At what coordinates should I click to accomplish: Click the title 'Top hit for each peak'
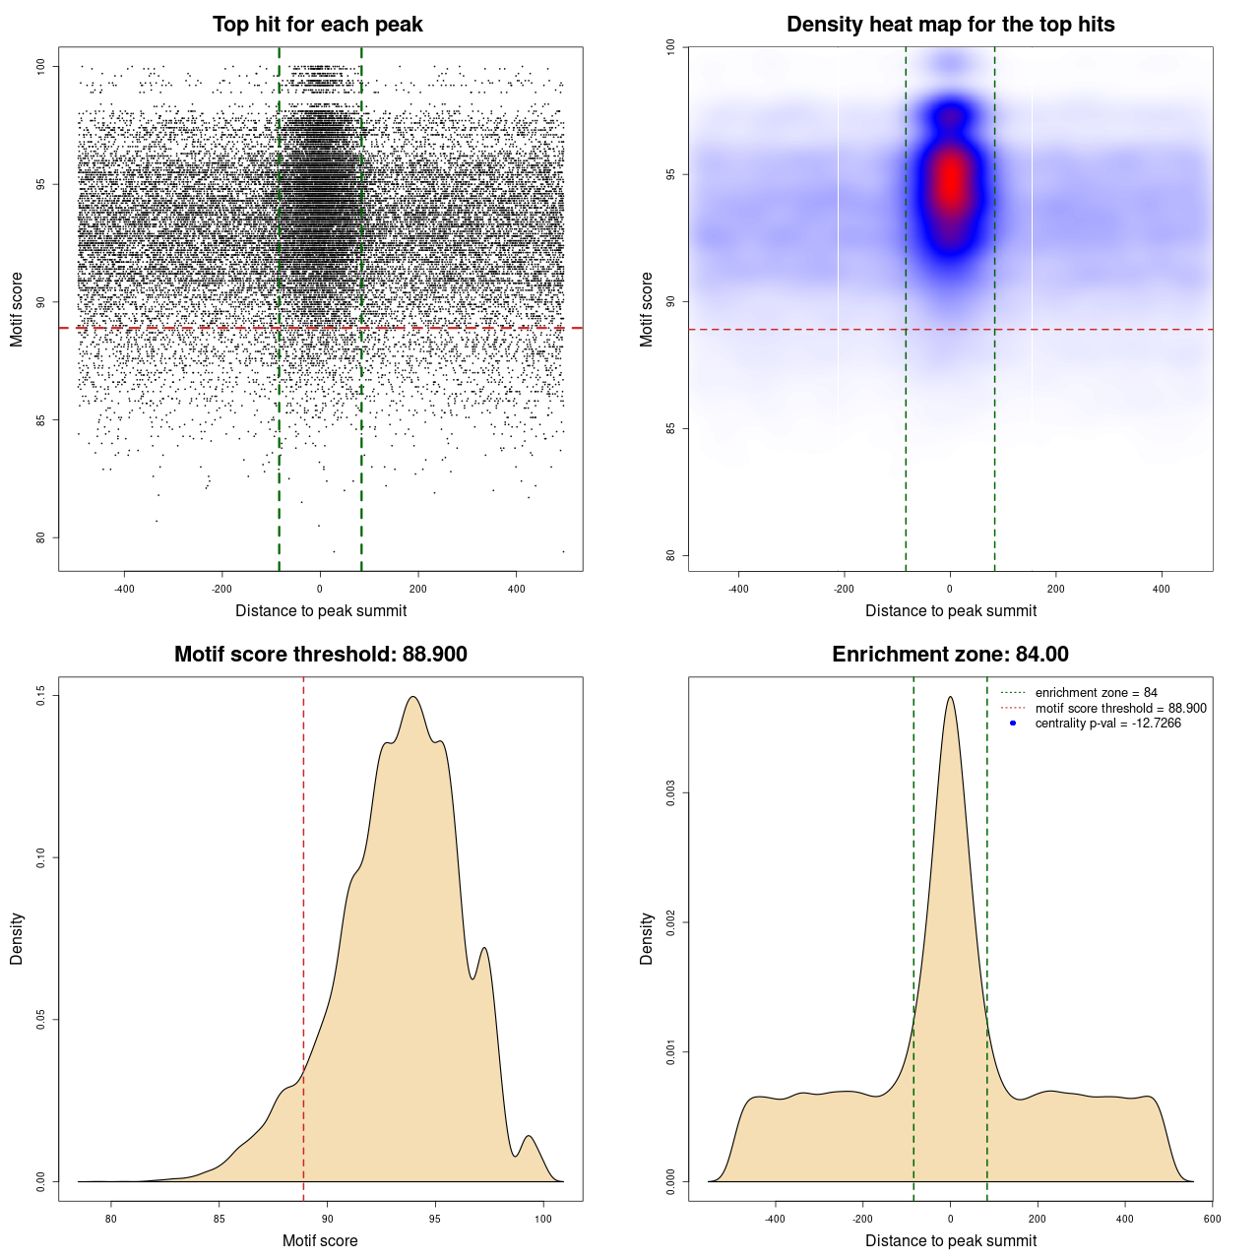click(x=317, y=25)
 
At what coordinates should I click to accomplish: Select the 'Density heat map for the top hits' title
click(x=950, y=25)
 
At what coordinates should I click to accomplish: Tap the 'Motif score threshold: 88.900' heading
click(x=320, y=655)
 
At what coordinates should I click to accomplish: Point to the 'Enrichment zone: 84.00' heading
click(x=950, y=655)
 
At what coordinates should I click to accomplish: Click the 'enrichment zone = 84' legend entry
click(x=1096, y=693)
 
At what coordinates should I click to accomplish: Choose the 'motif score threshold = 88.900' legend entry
click(x=1120, y=709)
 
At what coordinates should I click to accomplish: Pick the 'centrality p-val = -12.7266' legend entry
click(x=1107, y=724)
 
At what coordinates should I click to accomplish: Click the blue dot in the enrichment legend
click(x=1013, y=724)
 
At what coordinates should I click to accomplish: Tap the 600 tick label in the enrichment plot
click(x=1212, y=1219)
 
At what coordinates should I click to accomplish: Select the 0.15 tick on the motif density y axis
click(x=41, y=696)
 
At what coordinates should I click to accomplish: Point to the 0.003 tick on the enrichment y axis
click(x=671, y=793)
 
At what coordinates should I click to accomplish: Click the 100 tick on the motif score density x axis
click(x=543, y=1219)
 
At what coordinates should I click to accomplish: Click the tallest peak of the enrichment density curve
click(x=950, y=697)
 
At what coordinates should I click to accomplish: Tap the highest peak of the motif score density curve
click(x=413, y=697)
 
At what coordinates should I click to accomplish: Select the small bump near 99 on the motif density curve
click(x=530, y=1136)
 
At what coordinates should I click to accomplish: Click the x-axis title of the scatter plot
click(x=321, y=611)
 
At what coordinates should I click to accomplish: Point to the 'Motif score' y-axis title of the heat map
click(x=647, y=309)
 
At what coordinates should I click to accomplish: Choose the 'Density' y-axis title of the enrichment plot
click(x=647, y=938)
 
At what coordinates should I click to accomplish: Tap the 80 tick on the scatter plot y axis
click(x=41, y=538)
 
